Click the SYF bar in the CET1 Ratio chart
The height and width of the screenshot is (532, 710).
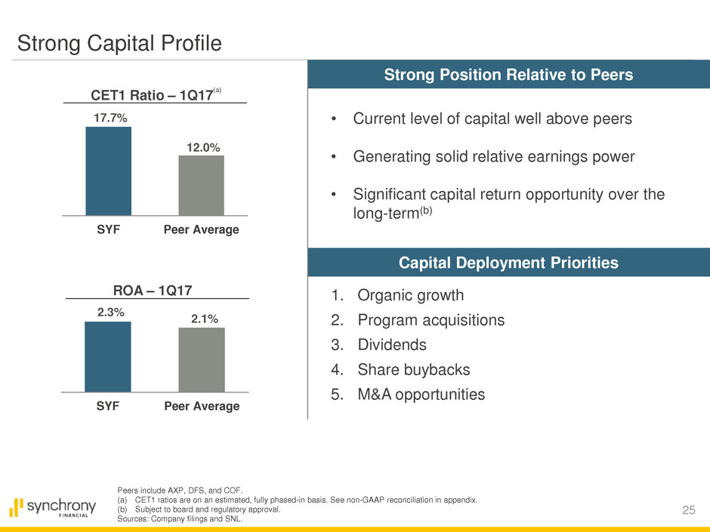[x=108, y=171]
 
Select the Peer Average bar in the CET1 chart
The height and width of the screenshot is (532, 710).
[x=201, y=186]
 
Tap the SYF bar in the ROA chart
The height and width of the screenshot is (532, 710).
[x=108, y=357]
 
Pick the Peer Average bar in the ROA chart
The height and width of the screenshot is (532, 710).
[x=201, y=360]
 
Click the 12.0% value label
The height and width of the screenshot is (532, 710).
[x=201, y=147]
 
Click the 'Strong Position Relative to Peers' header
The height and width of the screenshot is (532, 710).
[x=509, y=75]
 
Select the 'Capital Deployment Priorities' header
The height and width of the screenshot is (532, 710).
[x=509, y=263]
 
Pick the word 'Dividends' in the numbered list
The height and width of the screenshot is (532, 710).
[x=392, y=345]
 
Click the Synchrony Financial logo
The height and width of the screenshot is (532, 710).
[x=53, y=506]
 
